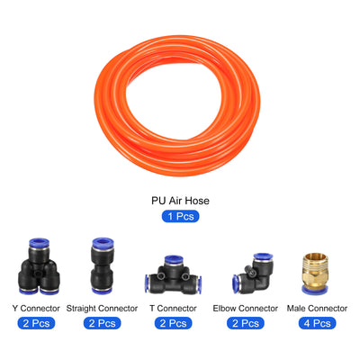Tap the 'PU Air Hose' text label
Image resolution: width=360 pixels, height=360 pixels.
click(180, 202)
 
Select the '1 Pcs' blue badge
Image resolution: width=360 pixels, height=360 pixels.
click(180, 217)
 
